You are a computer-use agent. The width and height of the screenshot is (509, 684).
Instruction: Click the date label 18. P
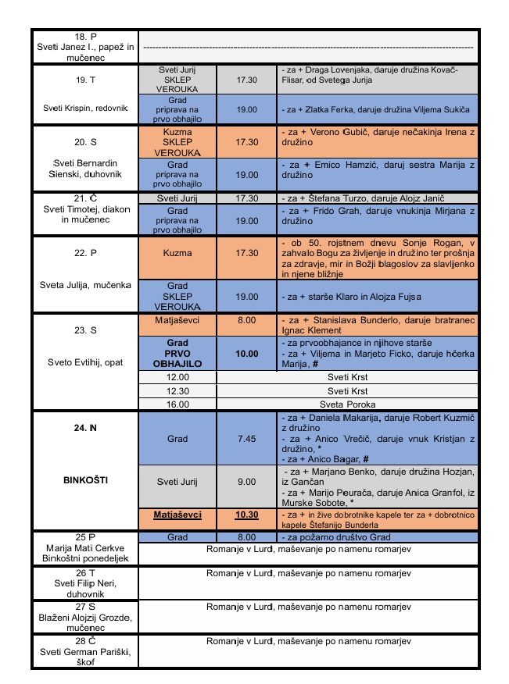coord(84,37)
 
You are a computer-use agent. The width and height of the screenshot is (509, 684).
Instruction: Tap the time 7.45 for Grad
coord(247,439)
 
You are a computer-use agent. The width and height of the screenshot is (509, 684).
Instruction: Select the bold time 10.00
coord(247,354)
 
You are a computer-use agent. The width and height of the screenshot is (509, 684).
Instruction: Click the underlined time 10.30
coord(247,515)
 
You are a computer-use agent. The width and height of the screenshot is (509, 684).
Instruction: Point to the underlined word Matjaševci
coord(177,515)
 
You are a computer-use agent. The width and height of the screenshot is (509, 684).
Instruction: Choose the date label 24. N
coord(84,427)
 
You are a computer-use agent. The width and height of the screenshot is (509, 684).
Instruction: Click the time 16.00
coord(177,404)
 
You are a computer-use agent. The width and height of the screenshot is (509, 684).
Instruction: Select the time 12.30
coord(177,390)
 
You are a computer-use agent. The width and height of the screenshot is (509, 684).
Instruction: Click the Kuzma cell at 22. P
coord(177,253)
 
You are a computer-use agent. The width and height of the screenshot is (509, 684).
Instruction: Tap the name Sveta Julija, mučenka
coord(84,284)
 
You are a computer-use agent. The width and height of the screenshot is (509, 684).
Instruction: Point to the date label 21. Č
coord(84,198)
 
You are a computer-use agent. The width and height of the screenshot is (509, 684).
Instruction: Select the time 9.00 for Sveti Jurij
coord(247,482)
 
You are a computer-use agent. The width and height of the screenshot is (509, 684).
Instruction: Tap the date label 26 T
coord(84,572)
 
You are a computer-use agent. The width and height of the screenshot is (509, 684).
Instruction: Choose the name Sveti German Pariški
coord(84,652)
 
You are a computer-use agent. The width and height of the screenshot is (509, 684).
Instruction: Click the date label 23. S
coord(84,330)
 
